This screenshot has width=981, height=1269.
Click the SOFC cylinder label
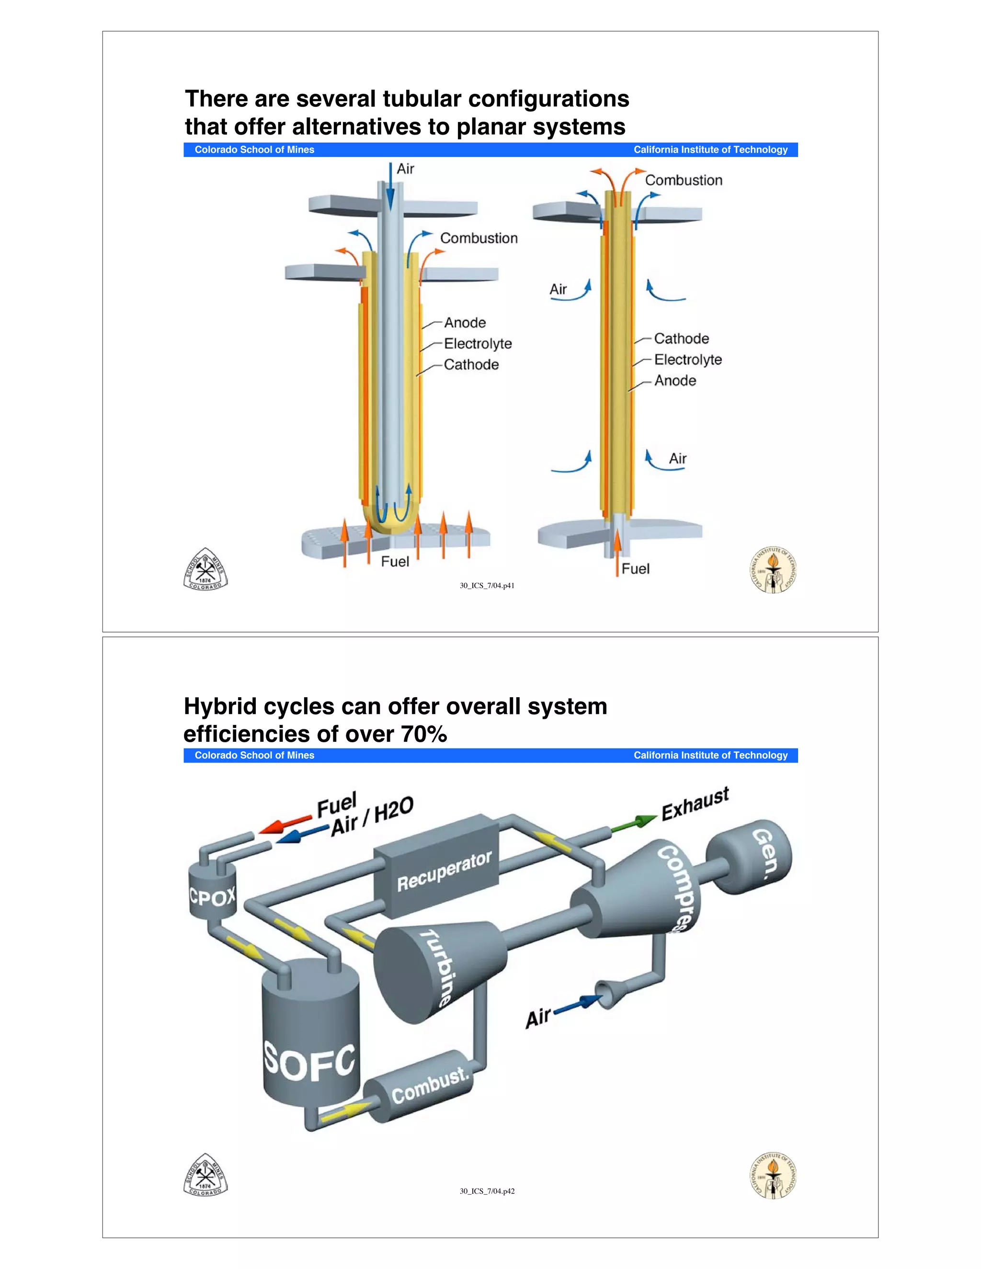pos(309,1062)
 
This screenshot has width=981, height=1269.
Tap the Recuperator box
pos(444,872)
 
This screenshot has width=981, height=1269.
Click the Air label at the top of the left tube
pos(405,169)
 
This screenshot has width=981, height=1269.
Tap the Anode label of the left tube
pos(465,322)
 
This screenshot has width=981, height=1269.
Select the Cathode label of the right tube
pos(681,339)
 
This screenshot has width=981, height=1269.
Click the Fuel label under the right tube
pos(635,569)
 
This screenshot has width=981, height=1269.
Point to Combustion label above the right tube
pos(684,181)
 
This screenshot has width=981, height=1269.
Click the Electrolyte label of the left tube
pos(478,343)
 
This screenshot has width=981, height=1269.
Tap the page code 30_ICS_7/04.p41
pos(487,586)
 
